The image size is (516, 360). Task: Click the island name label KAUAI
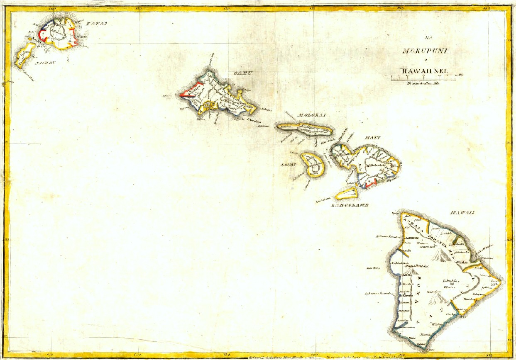(x=96, y=24)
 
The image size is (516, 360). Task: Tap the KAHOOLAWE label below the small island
(x=344, y=205)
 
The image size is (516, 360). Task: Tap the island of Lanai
(x=313, y=165)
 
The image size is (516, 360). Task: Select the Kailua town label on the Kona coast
(x=406, y=275)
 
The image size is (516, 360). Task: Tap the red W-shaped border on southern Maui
(x=370, y=182)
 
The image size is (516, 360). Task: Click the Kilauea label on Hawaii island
(x=450, y=287)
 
